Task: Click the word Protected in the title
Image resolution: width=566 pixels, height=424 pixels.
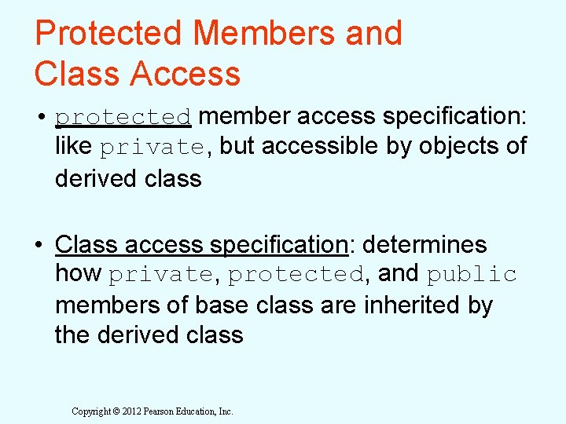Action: click(108, 33)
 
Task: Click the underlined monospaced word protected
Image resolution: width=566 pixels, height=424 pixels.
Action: click(123, 117)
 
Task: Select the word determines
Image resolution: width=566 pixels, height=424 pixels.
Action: click(424, 244)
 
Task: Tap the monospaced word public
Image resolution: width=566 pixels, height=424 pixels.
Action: click(472, 274)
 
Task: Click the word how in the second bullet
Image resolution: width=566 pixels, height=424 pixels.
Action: click(78, 274)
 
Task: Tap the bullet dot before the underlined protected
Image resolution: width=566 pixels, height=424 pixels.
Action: click(39, 117)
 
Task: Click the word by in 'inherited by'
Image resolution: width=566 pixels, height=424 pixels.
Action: click(480, 305)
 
